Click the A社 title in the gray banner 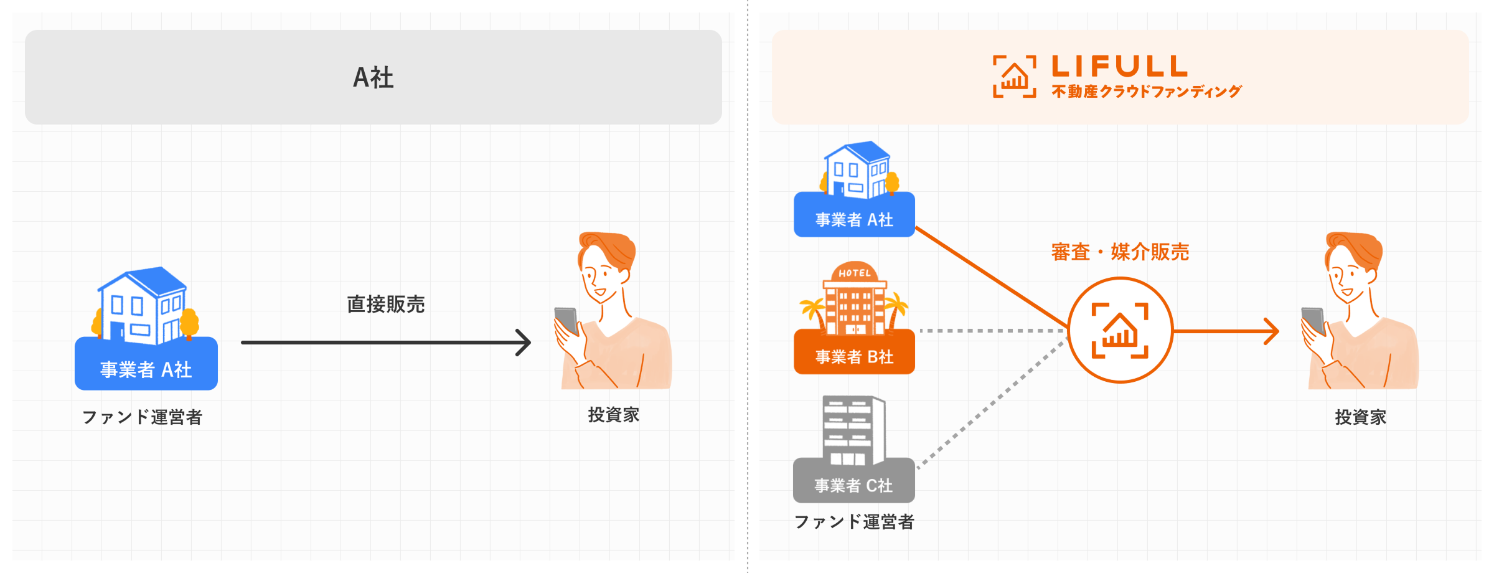click(374, 78)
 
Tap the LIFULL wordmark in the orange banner click(1119, 66)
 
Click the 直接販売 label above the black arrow click(385, 304)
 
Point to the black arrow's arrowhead click(524, 342)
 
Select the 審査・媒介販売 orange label click(1120, 252)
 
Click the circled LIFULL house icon click(1120, 330)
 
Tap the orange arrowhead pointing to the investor click(1271, 331)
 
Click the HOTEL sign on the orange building click(854, 273)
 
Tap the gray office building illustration click(853, 430)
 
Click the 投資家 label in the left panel click(614, 415)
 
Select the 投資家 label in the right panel click(1360, 417)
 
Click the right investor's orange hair click(1357, 247)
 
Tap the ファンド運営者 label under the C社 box click(854, 521)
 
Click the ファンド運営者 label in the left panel click(143, 417)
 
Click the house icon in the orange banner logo click(1014, 77)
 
